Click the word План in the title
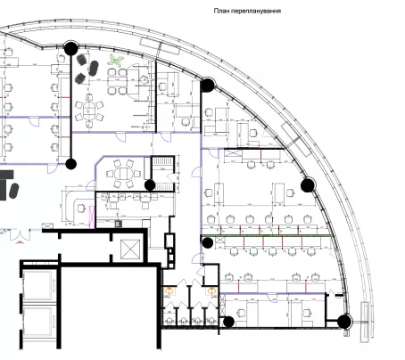pyautogui.click(x=221, y=11)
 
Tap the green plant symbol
pyautogui.click(x=115, y=60)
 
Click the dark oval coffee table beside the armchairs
pyautogui.click(x=93, y=68)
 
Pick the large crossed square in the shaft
pyautogui.click(x=130, y=250)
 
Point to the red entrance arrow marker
pyautogui.click(x=20, y=242)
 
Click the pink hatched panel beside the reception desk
pyautogui.click(x=92, y=217)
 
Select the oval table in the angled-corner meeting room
pyautogui.click(x=123, y=173)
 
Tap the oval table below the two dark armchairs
pyautogui.click(x=89, y=110)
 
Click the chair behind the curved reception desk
pyautogui.click(x=81, y=208)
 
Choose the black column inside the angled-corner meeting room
pyautogui.click(x=150, y=185)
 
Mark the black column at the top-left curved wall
pyautogui.click(x=70, y=48)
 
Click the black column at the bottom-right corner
pyautogui.click(x=344, y=321)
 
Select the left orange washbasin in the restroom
pyautogui.click(x=169, y=290)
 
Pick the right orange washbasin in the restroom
pyautogui.click(x=211, y=290)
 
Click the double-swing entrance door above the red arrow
pyautogui.click(x=20, y=234)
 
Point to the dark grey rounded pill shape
pyautogui.click(x=13, y=191)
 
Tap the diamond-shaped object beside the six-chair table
pyautogui.click(x=144, y=80)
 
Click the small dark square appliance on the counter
pyautogui.click(x=119, y=223)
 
